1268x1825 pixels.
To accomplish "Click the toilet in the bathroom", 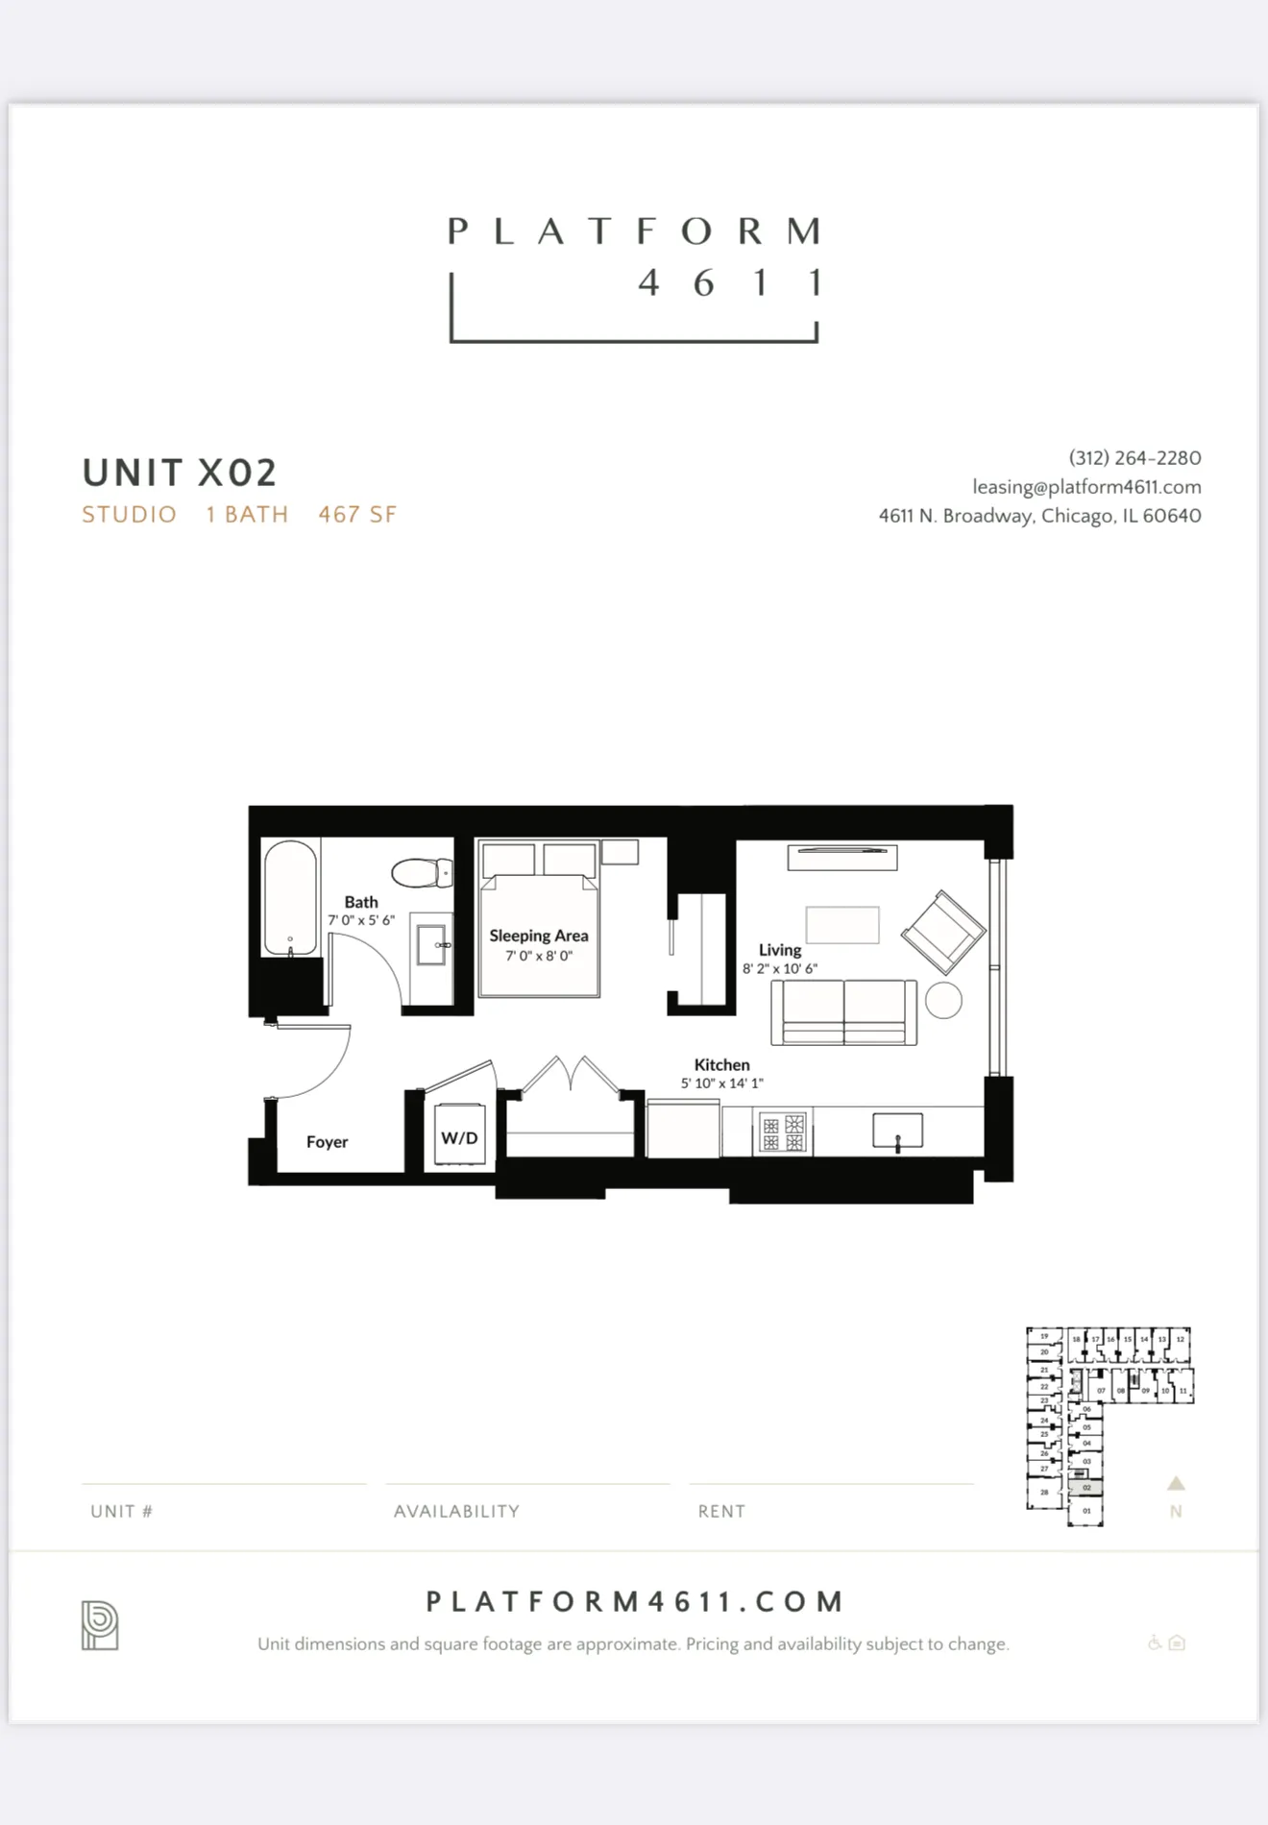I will coord(423,873).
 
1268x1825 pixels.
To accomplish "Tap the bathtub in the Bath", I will coord(290,898).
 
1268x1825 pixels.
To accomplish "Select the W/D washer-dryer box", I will coord(459,1137).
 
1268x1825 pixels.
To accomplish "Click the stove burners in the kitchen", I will coord(783,1132).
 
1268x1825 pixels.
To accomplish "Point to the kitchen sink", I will coord(897,1131).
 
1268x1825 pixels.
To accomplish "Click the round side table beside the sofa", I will coord(943,1000).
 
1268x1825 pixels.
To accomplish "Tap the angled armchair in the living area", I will coord(942,932).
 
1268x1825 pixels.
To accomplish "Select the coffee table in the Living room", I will coord(842,925).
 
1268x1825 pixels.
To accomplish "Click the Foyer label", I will coord(327,1142).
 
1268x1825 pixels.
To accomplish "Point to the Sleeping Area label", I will coord(538,936).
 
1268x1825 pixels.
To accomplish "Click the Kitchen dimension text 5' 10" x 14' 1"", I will coord(721,1083).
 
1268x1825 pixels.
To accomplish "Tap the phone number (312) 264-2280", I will coord(1134,458).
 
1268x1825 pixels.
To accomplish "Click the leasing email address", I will coord(1086,487).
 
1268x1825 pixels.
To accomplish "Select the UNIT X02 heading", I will coord(180,473).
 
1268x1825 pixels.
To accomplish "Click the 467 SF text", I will coord(357,515).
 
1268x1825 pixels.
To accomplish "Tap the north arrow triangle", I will coord(1176,1483).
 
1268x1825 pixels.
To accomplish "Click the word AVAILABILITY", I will coord(456,1511).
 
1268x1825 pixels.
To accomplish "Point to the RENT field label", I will coord(721,1511).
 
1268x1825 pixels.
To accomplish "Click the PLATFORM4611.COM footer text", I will coord(634,1601).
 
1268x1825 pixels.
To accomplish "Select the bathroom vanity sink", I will coord(431,945).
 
